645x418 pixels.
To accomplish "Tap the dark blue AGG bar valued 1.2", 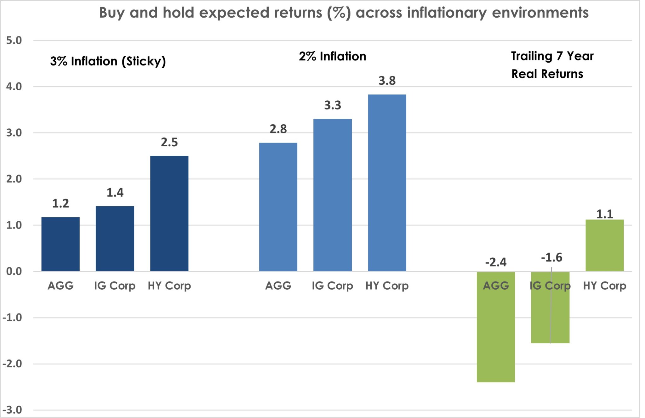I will (60, 244).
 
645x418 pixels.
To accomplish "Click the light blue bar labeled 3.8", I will (387, 183).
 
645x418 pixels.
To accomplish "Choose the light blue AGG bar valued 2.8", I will (278, 207).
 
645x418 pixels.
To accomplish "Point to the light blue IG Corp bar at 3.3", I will (332, 195).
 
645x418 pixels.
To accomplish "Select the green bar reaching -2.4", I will (496, 327).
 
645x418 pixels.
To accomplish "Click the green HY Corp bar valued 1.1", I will (604, 246).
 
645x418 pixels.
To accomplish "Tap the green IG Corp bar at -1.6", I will (550, 315).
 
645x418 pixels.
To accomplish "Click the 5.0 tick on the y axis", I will (14, 41).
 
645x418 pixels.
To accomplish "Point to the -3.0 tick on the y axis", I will (13, 410).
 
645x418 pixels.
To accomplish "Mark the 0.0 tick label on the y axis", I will (14, 271).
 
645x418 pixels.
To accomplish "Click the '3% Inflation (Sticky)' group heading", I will (108, 61).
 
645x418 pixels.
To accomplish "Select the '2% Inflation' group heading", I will (332, 57).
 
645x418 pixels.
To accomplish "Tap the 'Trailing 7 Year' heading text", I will (552, 56).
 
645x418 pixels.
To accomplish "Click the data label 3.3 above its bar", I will (333, 105).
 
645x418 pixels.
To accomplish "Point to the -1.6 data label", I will (551, 258).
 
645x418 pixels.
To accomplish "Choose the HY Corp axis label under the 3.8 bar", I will (387, 286).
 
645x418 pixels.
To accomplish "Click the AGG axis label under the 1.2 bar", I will (60, 286).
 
